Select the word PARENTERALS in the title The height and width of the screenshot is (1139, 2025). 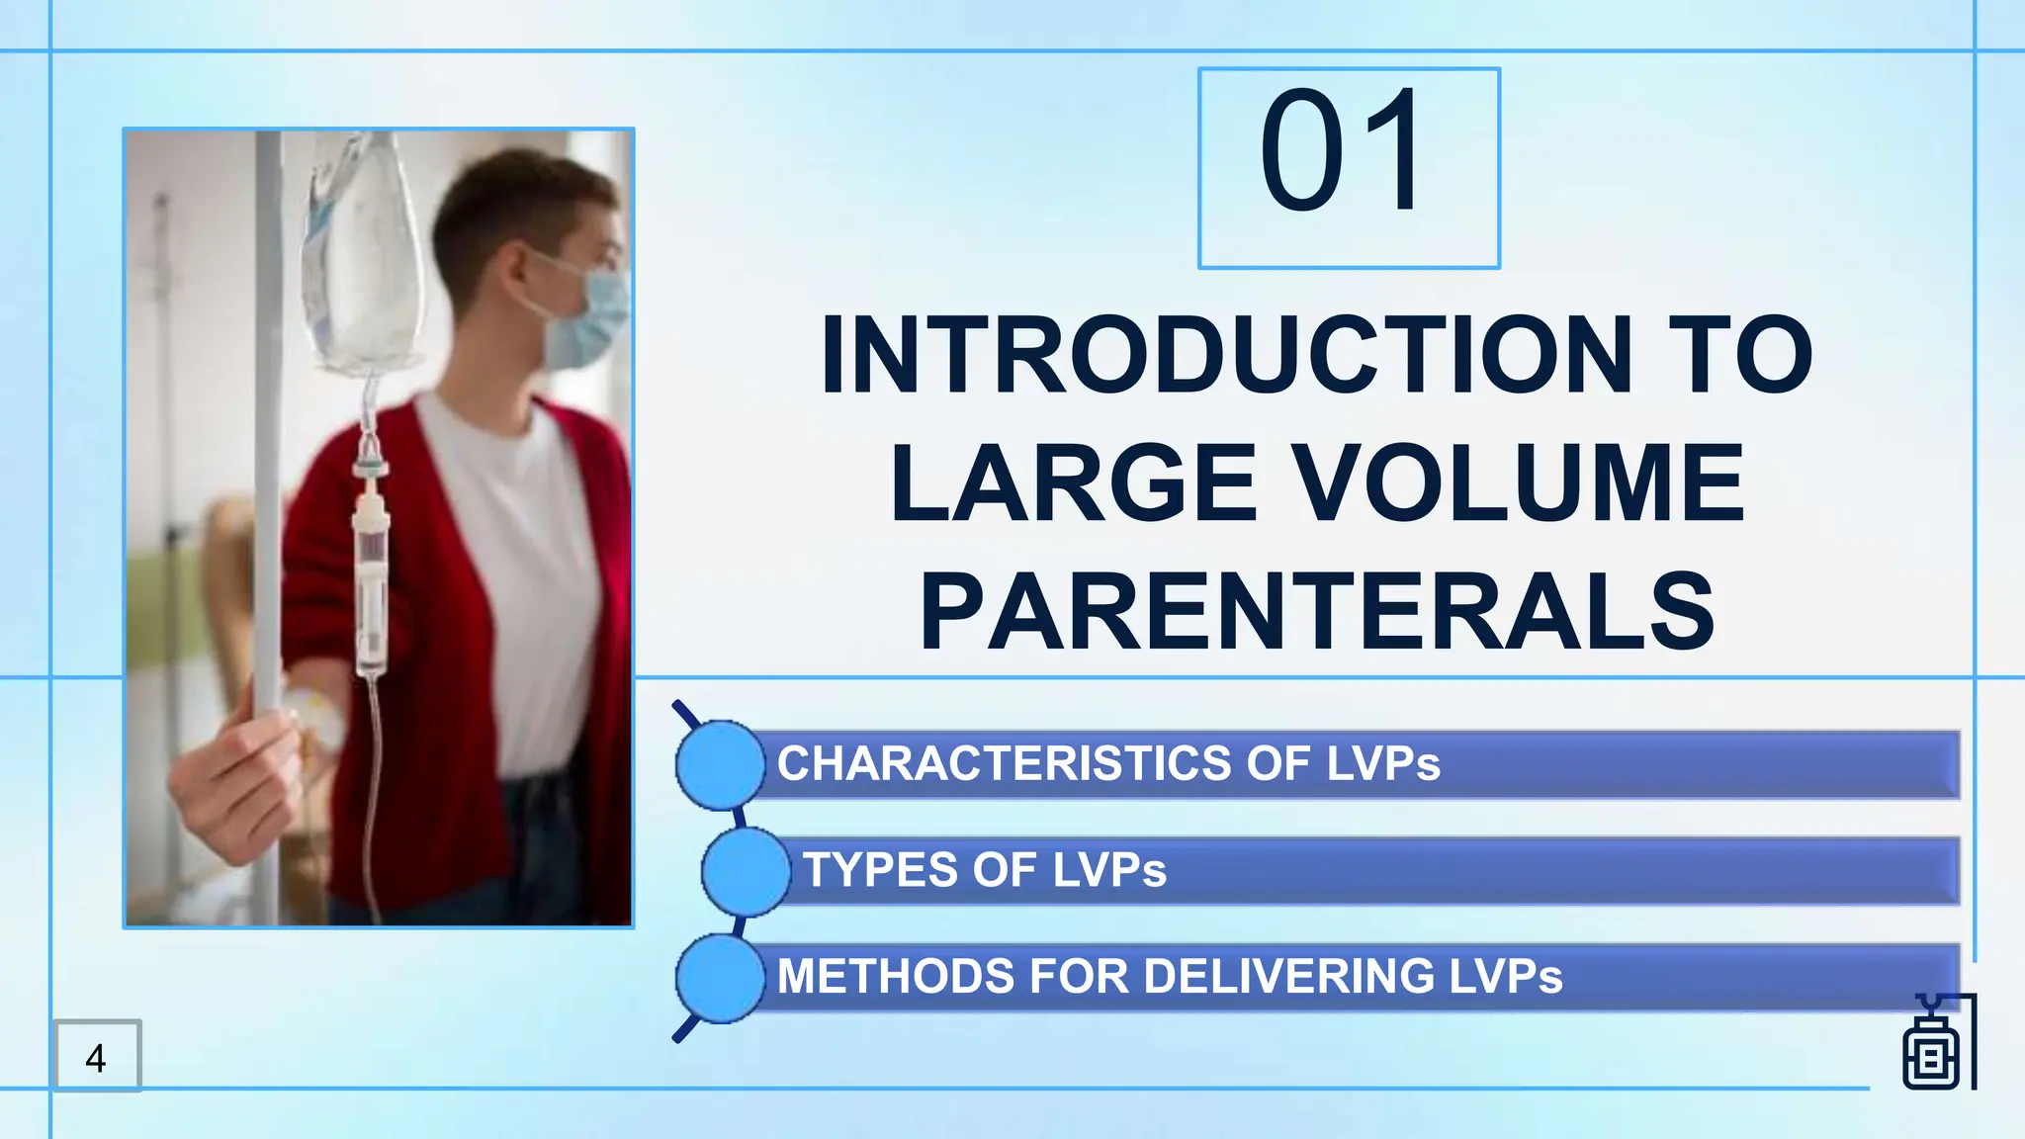click(1317, 612)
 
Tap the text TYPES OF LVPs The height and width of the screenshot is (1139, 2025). click(985, 871)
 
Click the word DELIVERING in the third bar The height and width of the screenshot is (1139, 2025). click(1289, 977)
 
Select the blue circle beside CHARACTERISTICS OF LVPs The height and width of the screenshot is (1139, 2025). click(719, 764)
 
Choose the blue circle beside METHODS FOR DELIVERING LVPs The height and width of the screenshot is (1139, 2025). click(719, 978)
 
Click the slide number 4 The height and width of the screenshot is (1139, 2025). click(96, 1058)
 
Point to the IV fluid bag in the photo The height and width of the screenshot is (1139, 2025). click(363, 257)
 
